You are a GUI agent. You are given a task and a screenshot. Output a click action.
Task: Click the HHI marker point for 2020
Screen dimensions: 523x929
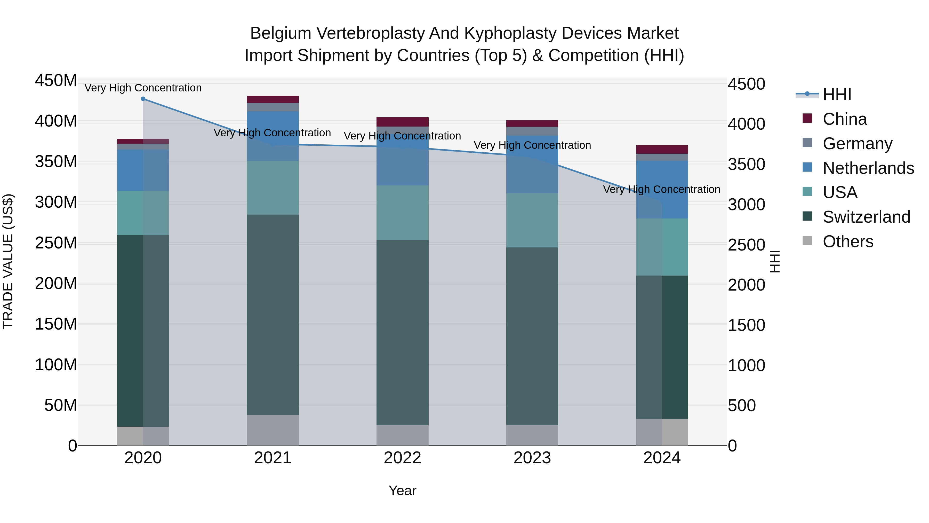point(143,99)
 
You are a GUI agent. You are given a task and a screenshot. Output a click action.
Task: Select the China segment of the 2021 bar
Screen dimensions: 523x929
point(273,99)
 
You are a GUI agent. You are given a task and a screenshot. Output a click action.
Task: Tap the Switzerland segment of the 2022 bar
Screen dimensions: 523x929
point(403,332)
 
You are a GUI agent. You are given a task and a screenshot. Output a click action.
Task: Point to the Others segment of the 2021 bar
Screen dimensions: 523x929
point(273,430)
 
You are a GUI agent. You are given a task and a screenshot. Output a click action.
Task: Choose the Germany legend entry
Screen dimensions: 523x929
point(857,144)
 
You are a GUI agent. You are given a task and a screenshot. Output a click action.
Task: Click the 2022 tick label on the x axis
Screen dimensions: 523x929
point(403,458)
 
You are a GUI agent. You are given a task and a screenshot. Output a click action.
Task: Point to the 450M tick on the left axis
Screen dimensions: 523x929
point(56,81)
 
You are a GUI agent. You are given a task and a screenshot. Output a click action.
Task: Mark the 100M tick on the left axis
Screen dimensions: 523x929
point(56,365)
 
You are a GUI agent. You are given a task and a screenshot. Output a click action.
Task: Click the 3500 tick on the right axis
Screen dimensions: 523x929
point(746,165)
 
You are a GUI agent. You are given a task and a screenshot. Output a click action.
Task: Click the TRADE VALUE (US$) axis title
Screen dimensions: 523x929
point(8,261)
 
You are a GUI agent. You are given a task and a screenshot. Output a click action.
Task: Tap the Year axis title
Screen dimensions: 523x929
point(403,490)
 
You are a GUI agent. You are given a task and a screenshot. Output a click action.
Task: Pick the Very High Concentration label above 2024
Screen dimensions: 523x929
point(661,190)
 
